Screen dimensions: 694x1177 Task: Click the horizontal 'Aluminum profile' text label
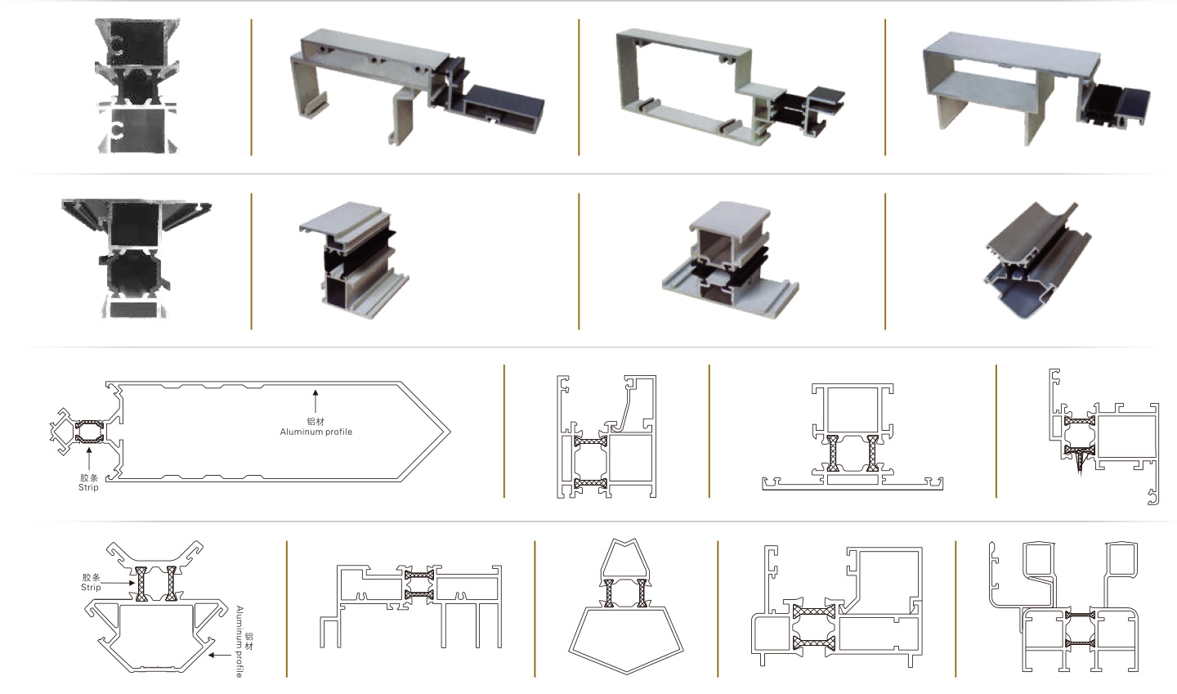(316, 432)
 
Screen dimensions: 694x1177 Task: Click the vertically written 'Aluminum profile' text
(239, 641)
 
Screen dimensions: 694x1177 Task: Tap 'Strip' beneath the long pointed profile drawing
(88, 487)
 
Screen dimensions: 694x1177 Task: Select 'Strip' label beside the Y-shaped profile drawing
(91, 587)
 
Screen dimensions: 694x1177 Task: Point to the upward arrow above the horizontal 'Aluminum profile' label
(316, 402)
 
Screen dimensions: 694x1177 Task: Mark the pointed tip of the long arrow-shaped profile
(449, 431)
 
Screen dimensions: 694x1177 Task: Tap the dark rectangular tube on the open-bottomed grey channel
(503, 107)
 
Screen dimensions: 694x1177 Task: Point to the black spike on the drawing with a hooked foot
(1081, 466)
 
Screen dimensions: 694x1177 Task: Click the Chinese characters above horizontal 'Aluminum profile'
(316, 421)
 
